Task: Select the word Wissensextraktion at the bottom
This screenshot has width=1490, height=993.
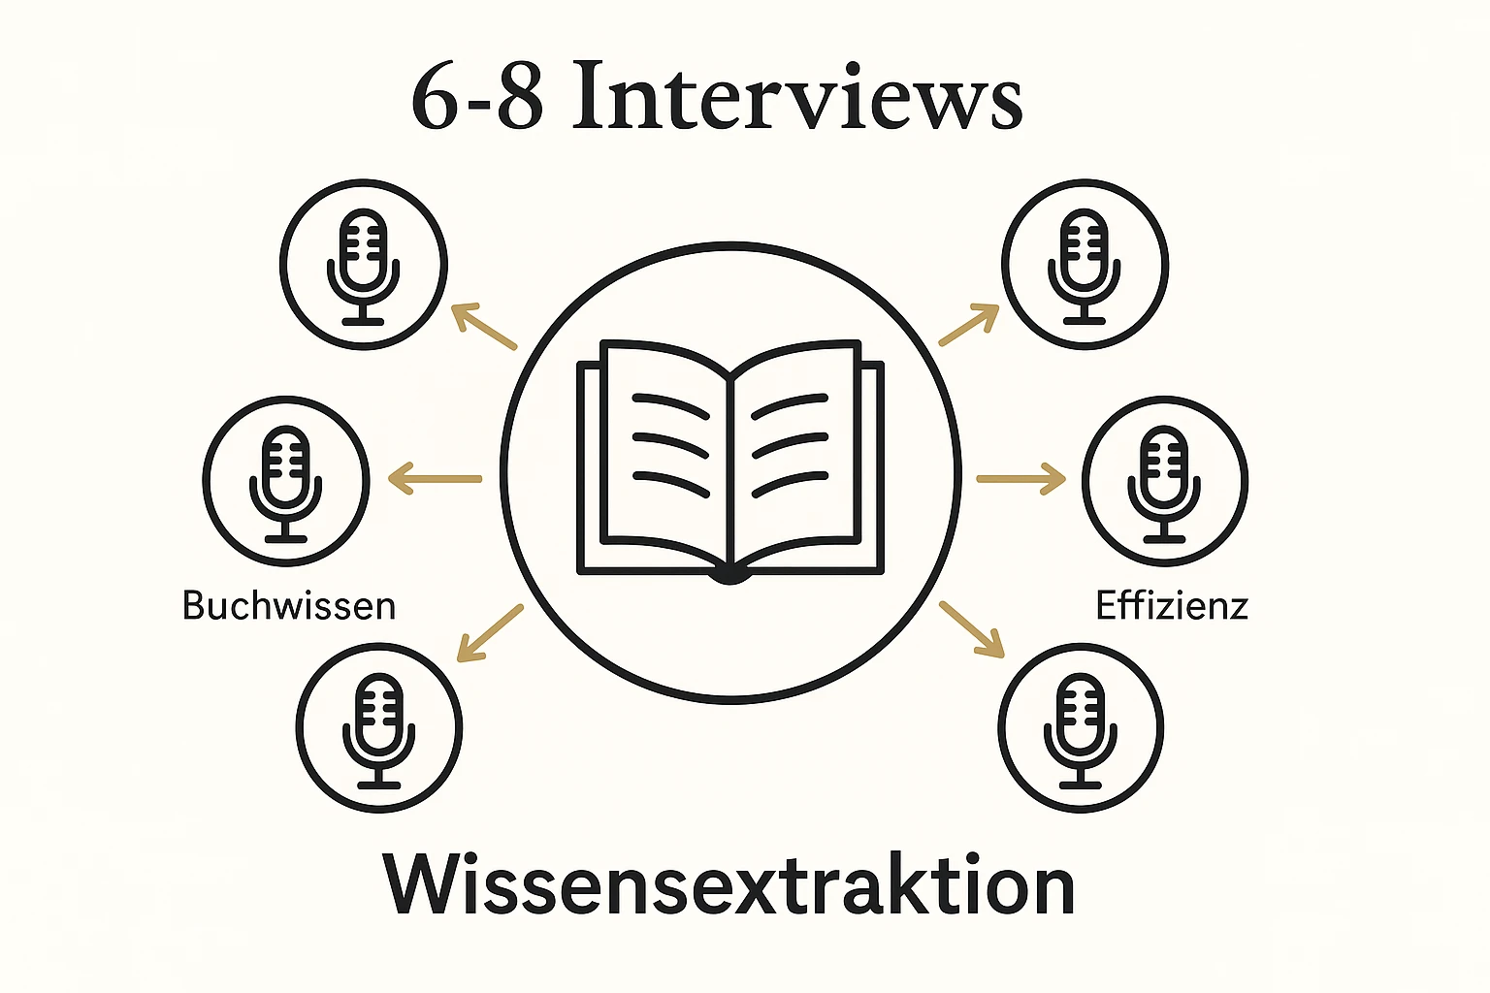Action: [x=729, y=884]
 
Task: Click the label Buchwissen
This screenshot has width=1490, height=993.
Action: [x=289, y=606]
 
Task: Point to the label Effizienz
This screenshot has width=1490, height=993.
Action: [x=1171, y=606]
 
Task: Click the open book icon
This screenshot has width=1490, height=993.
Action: [x=730, y=461]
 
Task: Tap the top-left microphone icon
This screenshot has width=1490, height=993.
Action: [x=364, y=264]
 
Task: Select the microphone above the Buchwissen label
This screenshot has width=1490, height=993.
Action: [x=286, y=481]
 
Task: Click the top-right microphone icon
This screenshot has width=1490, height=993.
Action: [x=1085, y=264]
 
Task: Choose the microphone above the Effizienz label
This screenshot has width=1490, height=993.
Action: [x=1165, y=481]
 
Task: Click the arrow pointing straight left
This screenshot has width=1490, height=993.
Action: [x=435, y=478]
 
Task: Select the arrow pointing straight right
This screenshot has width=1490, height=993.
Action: [x=1020, y=478]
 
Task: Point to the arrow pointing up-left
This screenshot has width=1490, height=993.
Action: [x=483, y=326]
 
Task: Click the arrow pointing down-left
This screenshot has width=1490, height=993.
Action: [x=490, y=633]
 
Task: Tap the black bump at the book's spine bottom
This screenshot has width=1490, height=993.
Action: [x=729, y=577]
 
